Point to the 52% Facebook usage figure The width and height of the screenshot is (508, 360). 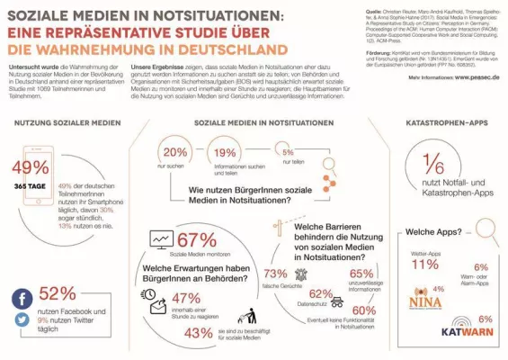[58, 293]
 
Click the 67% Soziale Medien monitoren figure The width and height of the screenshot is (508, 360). [197, 239]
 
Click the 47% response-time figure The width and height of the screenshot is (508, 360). [185, 298]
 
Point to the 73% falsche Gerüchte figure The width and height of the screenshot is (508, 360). [275, 274]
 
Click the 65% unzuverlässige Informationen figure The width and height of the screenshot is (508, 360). [361, 274]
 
